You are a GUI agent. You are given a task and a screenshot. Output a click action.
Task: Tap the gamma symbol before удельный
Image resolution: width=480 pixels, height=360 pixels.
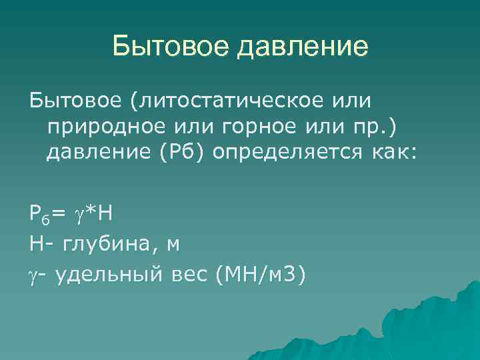(x=34, y=274)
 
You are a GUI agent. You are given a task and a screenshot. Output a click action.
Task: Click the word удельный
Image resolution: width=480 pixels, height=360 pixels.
(x=105, y=274)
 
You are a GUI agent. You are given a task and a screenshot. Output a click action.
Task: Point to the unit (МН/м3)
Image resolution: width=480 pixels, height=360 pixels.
(x=261, y=274)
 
